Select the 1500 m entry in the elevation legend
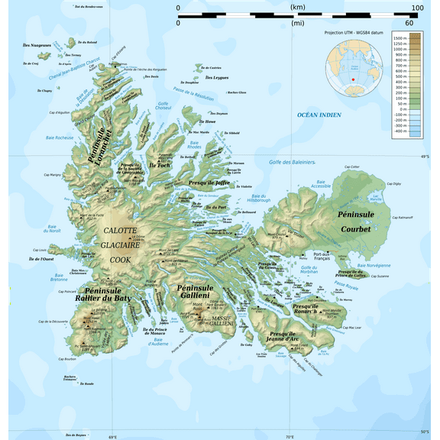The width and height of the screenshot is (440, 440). (x=400, y=37)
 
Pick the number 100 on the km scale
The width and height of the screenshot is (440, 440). (x=417, y=8)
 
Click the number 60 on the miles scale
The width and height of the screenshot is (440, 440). (x=409, y=23)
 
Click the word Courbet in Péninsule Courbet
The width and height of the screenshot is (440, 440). (x=355, y=228)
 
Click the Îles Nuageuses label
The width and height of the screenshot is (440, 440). (x=37, y=46)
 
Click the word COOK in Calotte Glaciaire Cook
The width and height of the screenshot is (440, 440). (x=120, y=259)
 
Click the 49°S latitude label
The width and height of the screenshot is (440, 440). (x=425, y=157)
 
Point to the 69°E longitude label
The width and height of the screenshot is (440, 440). (x=112, y=436)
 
